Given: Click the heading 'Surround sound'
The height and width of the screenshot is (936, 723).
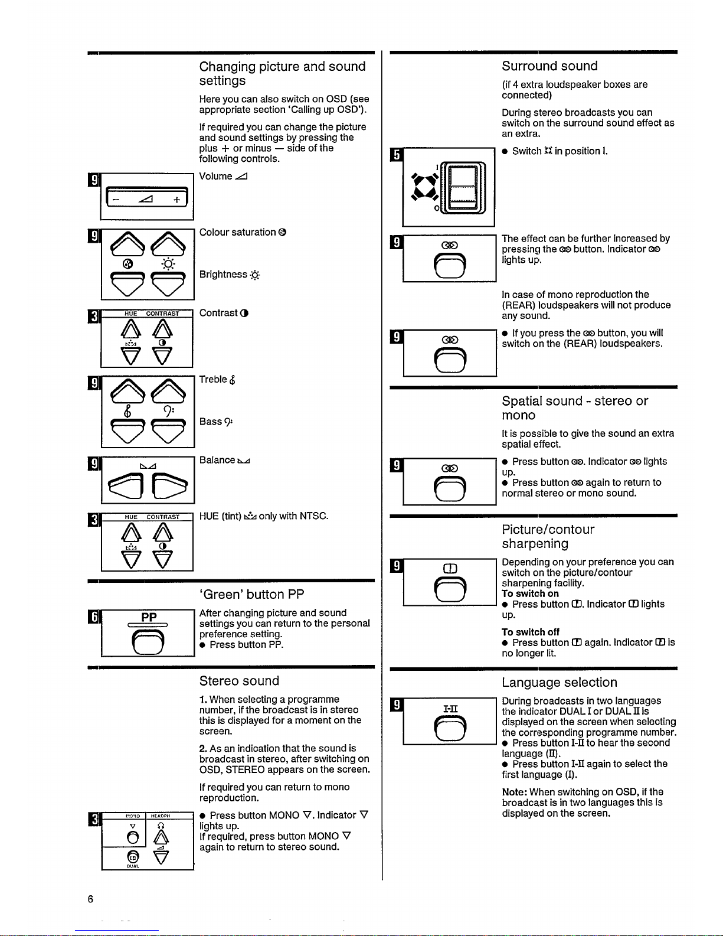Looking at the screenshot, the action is coord(549,66).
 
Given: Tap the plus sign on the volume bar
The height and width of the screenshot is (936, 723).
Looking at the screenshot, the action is coord(176,200).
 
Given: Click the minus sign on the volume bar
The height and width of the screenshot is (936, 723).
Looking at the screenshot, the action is coord(115,200).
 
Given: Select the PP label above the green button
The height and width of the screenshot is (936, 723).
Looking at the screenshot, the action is coord(149,617).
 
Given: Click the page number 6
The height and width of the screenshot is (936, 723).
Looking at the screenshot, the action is coord(90,899).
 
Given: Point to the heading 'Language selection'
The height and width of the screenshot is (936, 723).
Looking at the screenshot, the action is coord(560,682).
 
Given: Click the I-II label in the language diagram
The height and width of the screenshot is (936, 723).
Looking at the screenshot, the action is coord(450,709).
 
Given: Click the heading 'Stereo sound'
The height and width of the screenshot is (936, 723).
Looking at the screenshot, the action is coord(239,680).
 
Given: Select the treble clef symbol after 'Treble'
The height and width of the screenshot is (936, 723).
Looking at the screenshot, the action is coord(233,380).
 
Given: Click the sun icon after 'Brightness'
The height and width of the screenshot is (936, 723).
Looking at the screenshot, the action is coord(255,275).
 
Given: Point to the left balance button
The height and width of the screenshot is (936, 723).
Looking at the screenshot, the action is coord(126,485).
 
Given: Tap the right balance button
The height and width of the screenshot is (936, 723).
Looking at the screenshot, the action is coord(170,485).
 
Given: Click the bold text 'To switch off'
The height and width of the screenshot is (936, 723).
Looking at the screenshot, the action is coord(530,632).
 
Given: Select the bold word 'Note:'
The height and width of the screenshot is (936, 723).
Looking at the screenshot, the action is coord(515,792).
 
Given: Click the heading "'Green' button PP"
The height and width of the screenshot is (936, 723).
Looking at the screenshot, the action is coord(251,595).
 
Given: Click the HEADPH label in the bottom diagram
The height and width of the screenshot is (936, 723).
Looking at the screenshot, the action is coord(161,816).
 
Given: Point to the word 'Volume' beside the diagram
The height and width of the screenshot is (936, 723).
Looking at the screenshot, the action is coord(215,176).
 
